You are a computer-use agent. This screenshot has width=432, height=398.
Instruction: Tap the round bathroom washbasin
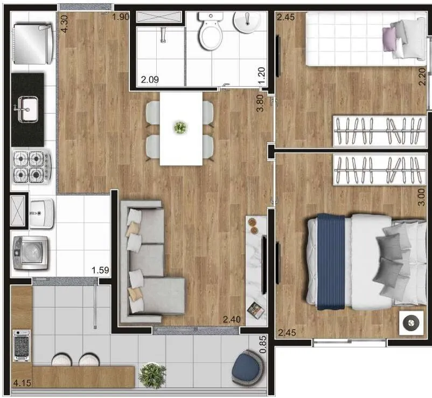(247, 22)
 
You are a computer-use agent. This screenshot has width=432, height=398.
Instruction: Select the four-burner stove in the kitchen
(32, 167)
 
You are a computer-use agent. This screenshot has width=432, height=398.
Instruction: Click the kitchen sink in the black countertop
(27, 109)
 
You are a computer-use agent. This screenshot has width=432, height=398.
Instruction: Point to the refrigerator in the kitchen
(33, 44)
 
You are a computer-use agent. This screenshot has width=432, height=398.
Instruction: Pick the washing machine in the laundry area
(30, 252)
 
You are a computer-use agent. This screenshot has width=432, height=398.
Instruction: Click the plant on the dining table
(180, 127)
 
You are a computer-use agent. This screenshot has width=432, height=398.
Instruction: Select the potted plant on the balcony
(152, 375)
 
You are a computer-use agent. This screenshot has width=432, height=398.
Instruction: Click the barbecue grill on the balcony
(22, 346)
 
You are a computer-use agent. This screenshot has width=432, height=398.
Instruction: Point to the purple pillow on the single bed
(389, 39)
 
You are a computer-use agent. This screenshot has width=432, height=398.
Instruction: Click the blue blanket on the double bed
(331, 262)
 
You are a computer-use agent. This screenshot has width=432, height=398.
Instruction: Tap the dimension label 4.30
(64, 24)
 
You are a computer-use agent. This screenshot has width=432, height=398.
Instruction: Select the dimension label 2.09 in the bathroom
(150, 80)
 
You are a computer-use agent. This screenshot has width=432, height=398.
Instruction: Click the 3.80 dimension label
(260, 103)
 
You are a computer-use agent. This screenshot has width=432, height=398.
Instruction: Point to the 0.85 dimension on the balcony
(263, 344)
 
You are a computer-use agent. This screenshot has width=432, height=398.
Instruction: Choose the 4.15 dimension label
(22, 383)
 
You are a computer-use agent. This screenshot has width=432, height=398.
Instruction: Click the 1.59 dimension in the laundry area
(100, 270)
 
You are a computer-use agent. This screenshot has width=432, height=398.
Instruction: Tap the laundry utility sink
(41, 214)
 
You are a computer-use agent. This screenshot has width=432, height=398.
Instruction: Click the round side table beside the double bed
(411, 323)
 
